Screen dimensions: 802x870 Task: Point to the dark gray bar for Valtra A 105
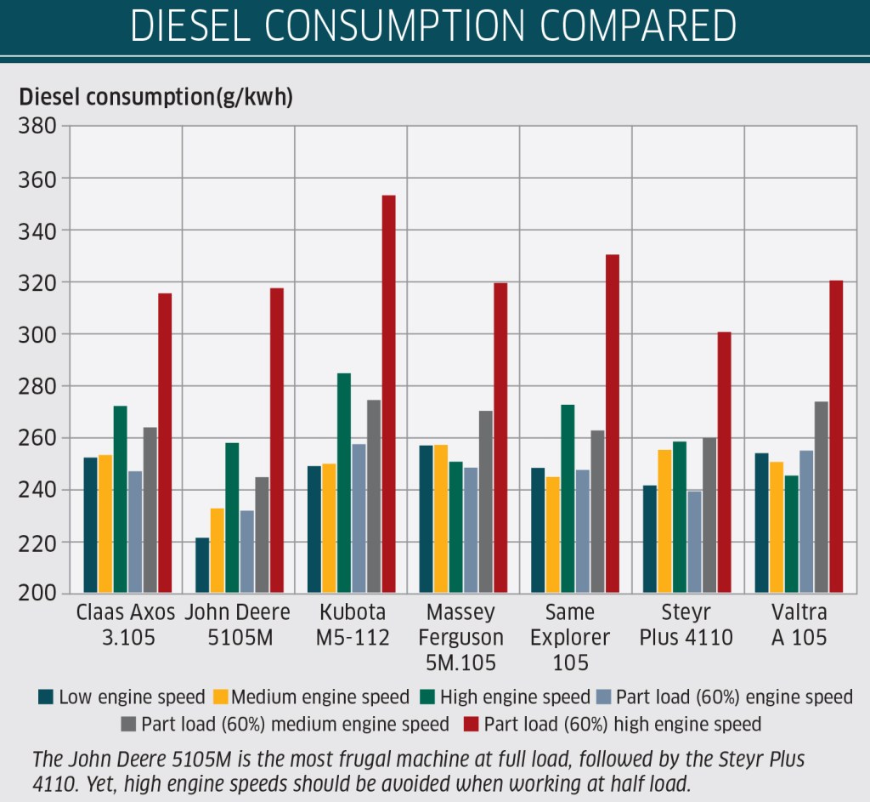pos(821,497)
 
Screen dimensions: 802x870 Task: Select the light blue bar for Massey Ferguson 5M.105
pos(471,530)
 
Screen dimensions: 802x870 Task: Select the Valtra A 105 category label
pos(799,625)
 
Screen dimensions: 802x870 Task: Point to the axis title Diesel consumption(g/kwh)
pos(155,97)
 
